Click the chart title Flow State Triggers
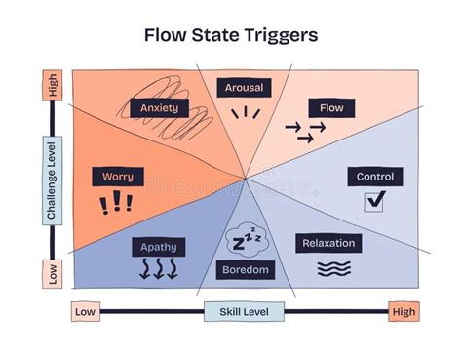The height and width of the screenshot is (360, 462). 230,36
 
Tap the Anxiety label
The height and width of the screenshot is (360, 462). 158,107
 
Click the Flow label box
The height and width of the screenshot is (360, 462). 330,107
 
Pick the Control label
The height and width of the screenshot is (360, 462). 375,177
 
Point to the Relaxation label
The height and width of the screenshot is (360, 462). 328,243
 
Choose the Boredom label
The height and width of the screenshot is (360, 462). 245,270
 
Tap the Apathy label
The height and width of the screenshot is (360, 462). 158,247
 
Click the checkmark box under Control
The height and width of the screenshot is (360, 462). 375,201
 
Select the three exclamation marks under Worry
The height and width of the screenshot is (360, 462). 116,203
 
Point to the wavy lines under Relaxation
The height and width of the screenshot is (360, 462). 333,267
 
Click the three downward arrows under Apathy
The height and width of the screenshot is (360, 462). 158,269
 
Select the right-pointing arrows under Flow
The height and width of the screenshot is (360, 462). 304,132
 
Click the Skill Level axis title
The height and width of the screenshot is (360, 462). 244,312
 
